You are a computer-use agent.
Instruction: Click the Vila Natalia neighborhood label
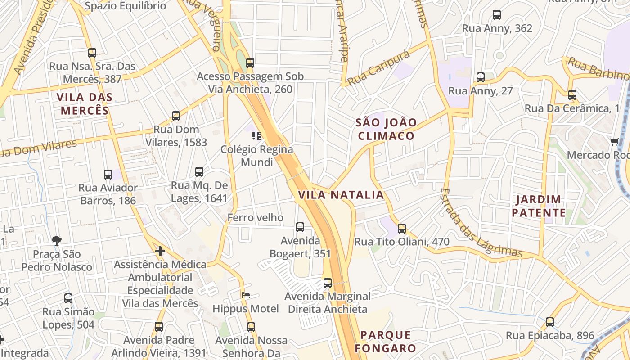(341, 195)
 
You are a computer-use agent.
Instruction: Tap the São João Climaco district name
(386, 129)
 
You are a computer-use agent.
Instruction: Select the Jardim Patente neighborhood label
(539, 206)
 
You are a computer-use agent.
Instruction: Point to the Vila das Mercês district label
(85, 103)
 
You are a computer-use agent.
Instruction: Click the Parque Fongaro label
(386, 342)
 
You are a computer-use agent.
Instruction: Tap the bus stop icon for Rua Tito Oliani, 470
(402, 229)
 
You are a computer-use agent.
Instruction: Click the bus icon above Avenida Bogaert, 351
(300, 227)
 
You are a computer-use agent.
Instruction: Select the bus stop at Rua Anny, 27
(481, 77)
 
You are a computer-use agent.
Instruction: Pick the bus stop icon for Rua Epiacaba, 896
(550, 322)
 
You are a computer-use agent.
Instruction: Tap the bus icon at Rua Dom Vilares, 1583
(176, 116)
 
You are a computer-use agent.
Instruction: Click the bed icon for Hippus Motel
(246, 296)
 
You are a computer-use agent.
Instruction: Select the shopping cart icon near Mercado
(614, 142)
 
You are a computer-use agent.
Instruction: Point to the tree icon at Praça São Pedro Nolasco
(57, 241)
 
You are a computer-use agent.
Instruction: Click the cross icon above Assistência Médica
(160, 251)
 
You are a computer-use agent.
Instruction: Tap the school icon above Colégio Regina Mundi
(256, 135)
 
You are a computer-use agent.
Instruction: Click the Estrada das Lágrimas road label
(480, 224)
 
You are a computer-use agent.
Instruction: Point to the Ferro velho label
(256, 218)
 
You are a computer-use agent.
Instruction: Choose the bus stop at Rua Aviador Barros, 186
(108, 175)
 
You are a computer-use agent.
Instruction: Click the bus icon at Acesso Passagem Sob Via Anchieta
(250, 63)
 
